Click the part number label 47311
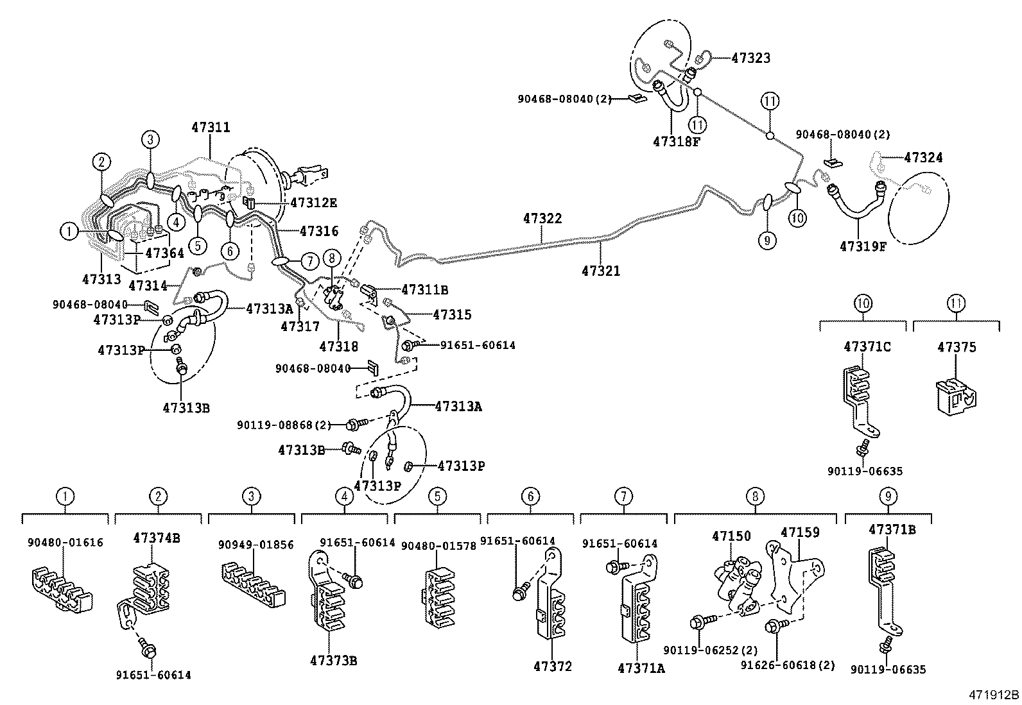click(x=210, y=128)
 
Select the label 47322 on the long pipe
click(x=542, y=219)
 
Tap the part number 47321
click(x=601, y=271)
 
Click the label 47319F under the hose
click(x=862, y=246)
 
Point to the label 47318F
click(x=675, y=142)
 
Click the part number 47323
click(x=750, y=58)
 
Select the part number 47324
click(x=923, y=157)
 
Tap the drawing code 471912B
click(x=994, y=695)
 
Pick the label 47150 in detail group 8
click(x=731, y=536)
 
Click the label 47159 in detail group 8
click(x=800, y=532)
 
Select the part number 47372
click(x=552, y=667)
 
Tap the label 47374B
click(x=156, y=538)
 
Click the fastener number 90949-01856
click(x=255, y=545)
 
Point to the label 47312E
click(x=313, y=203)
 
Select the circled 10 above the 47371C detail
click(x=863, y=303)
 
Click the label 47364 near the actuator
click(x=164, y=253)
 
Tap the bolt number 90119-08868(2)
click(x=284, y=425)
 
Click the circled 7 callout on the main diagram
click(x=309, y=262)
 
